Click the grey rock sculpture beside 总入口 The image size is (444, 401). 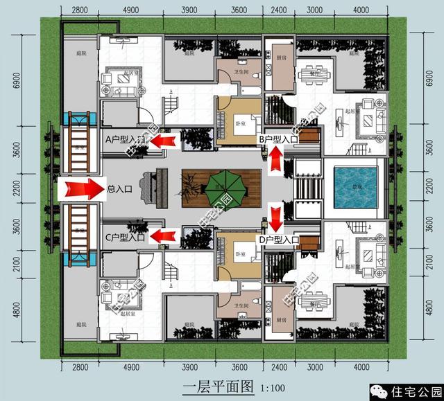pyautogui.click(x=147, y=188)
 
